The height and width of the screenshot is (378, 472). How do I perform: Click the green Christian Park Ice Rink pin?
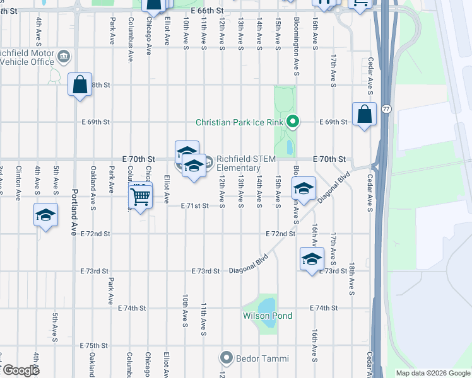tap(292, 122)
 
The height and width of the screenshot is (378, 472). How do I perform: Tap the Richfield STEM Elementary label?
tap(246, 163)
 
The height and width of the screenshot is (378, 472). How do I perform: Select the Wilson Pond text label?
tap(268, 316)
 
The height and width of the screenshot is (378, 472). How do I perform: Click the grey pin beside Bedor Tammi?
tap(227, 358)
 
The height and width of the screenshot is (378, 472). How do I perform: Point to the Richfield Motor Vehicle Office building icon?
tap(63, 58)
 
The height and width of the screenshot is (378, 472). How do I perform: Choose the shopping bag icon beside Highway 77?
tap(364, 115)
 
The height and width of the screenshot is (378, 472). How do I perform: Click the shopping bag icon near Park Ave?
tap(80, 85)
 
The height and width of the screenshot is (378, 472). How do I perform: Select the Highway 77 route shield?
tap(386, 110)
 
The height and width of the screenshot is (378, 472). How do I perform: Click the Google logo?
tap(20, 370)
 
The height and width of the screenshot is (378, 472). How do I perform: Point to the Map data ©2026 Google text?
tap(432, 373)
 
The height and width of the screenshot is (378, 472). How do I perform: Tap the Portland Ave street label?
tap(74, 210)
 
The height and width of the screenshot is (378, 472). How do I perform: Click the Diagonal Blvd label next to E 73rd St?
tap(249, 264)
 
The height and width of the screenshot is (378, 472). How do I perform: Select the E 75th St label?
tap(95, 346)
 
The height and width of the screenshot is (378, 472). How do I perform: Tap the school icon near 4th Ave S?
tap(46, 215)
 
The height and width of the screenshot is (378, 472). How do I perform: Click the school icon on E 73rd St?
tap(311, 259)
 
